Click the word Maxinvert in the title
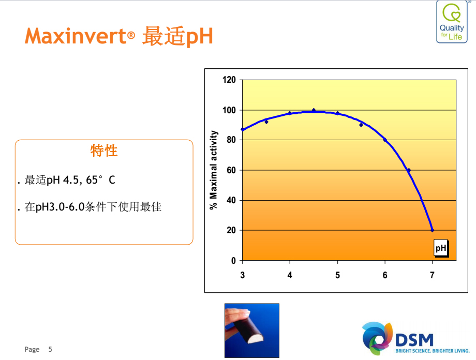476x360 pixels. coord(76,36)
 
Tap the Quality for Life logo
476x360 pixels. coord(452,22)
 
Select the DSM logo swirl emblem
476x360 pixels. coord(377,338)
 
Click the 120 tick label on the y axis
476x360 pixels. coord(229,80)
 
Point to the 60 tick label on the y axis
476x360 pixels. coord(231,170)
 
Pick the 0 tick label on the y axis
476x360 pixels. coord(233,261)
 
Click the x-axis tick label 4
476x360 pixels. coord(290,275)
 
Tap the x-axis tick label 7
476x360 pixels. coord(432,275)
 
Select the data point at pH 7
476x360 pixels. coord(433,230)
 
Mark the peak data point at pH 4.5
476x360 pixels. coord(314,110)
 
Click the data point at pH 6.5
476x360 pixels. coord(409,170)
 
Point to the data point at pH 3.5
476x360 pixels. coord(266,122)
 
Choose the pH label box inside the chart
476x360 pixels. coord(441,248)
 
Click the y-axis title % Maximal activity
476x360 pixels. coord(214,170)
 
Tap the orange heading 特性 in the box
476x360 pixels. coord(104,151)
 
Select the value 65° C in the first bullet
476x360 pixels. coord(100,180)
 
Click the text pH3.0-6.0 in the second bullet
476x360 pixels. coord(60,207)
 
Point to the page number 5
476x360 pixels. coord(50,349)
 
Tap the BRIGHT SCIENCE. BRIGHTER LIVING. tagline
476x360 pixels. coord(433,351)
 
